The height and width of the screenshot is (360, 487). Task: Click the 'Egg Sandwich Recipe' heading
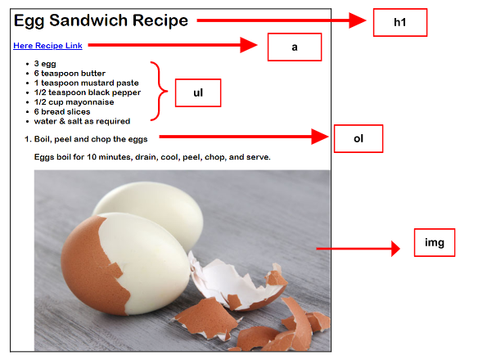click(101, 20)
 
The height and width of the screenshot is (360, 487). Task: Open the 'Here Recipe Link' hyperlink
click(47, 46)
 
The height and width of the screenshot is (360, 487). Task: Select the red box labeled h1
click(400, 22)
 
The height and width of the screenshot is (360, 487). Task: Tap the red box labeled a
click(295, 47)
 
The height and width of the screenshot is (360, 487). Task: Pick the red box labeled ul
click(198, 92)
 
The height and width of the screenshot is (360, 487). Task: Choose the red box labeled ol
click(358, 139)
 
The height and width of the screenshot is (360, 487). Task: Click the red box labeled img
click(435, 242)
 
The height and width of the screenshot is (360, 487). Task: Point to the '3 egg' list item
click(45, 64)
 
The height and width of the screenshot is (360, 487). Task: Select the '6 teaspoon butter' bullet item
click(70, 74)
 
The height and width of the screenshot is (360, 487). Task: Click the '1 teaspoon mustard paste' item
click(86, 83)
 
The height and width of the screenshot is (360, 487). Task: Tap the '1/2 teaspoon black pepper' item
click(88, 92)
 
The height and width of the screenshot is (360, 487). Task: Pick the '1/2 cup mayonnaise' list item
click(74, 102)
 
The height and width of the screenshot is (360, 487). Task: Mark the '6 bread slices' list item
click(62, 112)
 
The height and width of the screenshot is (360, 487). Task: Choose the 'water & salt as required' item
click(82, 121)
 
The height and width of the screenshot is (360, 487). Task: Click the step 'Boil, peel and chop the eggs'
click(91, 139)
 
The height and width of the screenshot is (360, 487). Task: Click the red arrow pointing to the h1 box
click(282, 20)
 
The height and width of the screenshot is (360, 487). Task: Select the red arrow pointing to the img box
click(358, 249)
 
